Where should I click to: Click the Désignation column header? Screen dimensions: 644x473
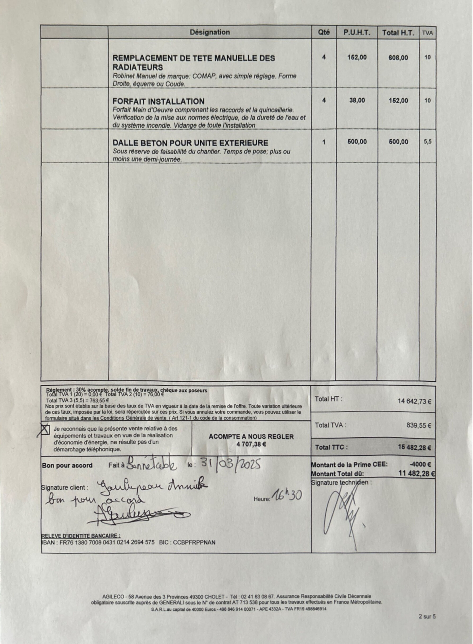[x=210, y=32]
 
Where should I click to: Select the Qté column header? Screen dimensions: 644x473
[x=324, y=32]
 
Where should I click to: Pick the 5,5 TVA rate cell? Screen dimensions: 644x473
[x=428, y=142]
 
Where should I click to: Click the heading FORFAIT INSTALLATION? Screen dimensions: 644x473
[x=158, y=102]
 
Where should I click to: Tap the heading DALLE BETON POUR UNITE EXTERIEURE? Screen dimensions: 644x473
[x=190, y=143]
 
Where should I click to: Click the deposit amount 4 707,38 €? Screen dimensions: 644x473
[x=251, y=444]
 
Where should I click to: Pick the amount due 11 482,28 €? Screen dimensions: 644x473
[x=417, y=474]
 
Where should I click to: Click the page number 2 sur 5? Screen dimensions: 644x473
[x=427, y=616]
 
